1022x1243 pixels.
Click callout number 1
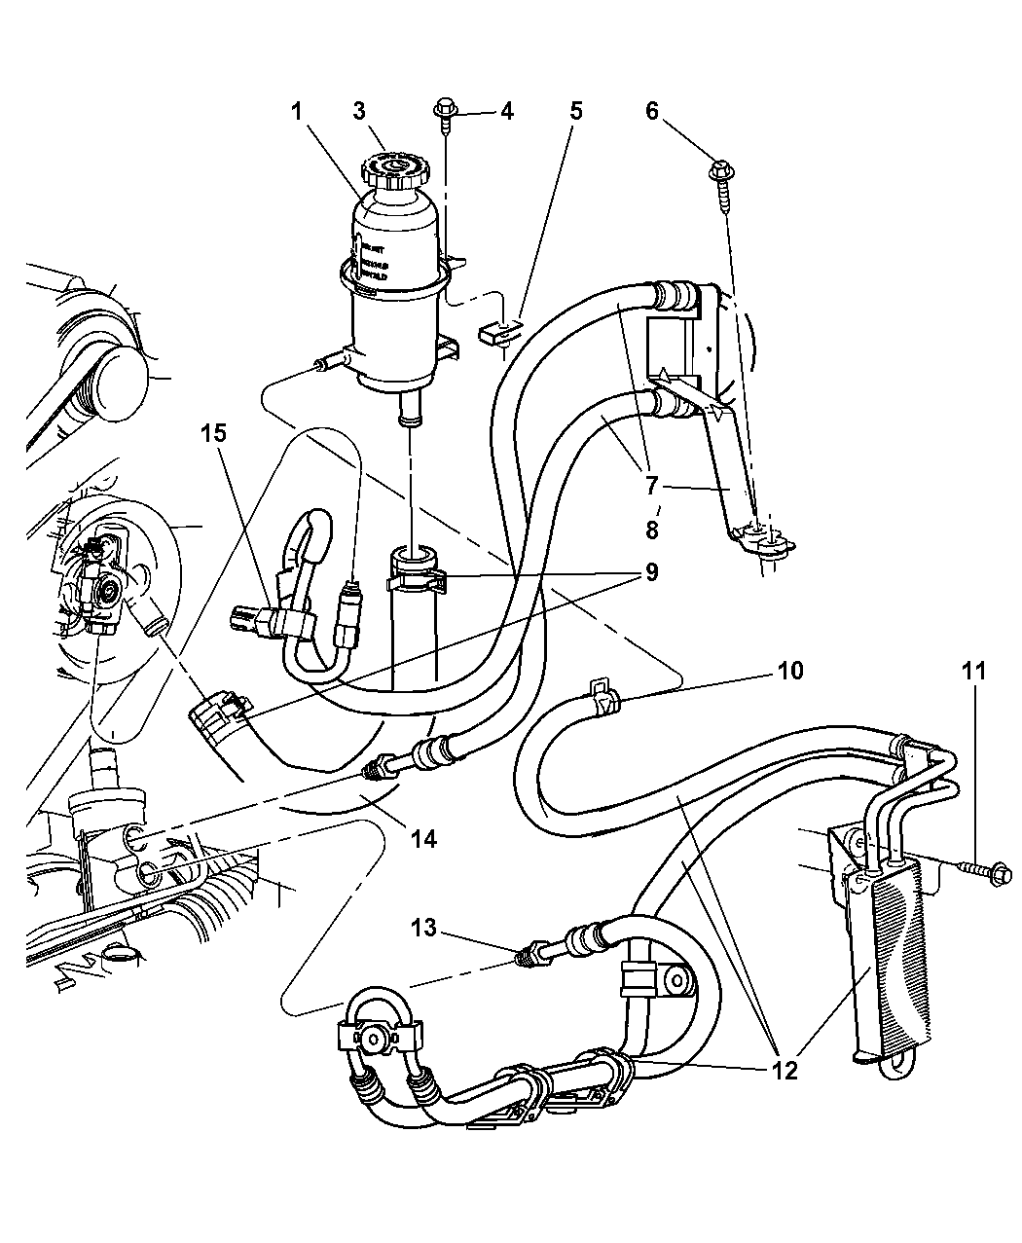295,112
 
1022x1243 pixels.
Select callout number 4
506,112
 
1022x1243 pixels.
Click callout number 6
679,112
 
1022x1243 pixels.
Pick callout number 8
651,531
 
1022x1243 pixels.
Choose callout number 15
214,432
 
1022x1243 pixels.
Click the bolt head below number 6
724,173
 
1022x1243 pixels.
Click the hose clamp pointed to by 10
604,699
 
